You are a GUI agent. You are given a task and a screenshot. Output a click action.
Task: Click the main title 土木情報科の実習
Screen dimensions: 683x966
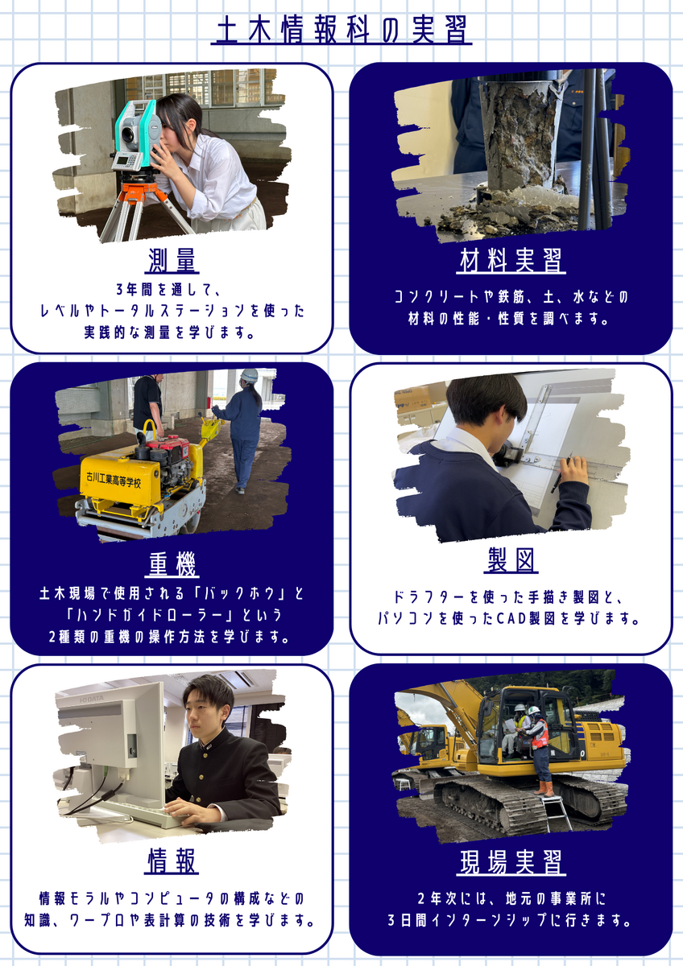[x=341, y=31]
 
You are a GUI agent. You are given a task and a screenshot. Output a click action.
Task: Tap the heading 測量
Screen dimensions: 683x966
[x=172, y=261]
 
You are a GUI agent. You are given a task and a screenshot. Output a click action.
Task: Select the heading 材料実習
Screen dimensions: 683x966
[x=511, y=261]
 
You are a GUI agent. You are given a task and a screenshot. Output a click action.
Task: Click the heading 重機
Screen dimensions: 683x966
[x=172, y=564]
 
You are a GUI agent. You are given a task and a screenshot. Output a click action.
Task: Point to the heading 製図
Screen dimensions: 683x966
[x=511, y=560]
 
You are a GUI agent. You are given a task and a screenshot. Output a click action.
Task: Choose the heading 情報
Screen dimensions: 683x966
[x=172, y=861]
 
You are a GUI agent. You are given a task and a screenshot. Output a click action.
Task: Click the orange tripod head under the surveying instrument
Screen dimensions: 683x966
[x=138, y=192]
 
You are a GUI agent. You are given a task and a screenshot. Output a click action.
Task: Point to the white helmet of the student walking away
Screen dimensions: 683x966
[x=249, y=375]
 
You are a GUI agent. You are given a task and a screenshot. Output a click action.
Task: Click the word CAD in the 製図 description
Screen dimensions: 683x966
[x=513, y=618]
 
